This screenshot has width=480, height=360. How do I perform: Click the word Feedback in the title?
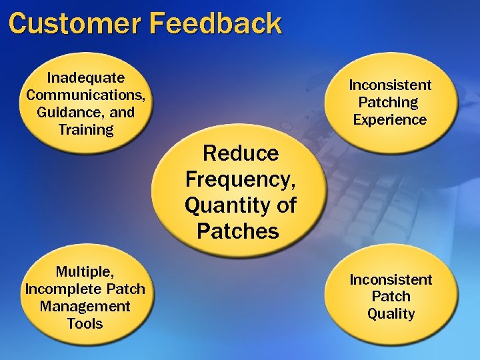click(x=216, y=23)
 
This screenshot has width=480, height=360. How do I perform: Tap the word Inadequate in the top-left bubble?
click(x=86, y=78)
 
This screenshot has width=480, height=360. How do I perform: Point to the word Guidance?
click(x=68, y=113)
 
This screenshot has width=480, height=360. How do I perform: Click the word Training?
click(x=86, y=130)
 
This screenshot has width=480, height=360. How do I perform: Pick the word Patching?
click(x=388, y=103)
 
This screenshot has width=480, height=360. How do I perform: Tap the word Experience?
click(x=390, y=120)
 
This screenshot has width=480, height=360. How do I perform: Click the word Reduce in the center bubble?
click(x=241, y=153)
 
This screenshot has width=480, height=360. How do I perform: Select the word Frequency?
click(x=240, y=179)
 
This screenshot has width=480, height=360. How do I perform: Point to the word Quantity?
click(x=223, y=205)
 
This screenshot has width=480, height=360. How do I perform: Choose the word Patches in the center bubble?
click(x=237, y=231)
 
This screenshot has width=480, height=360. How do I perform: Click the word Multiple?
click(x=84, y=272)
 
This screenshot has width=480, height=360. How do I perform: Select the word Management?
click(x=85, y=307)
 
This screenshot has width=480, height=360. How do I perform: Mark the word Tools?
click(x=85, y=324)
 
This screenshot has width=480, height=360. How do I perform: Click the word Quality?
click(x=391, y=314)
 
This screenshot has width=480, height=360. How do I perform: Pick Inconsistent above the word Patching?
click(x=391, y=85)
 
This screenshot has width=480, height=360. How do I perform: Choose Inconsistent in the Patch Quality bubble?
click(x=391, y=279)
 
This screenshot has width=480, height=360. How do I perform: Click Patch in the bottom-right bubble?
click(x=391, y=297)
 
